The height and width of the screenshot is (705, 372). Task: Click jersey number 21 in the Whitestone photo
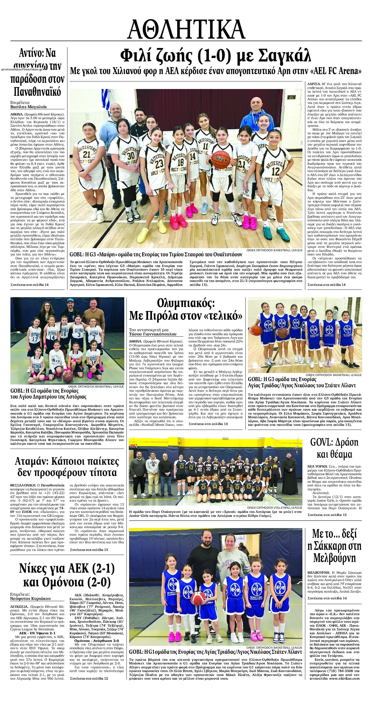[87, 154]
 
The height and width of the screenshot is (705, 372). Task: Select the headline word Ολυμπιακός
[186, 304]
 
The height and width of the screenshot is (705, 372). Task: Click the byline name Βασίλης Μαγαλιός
[28, 107]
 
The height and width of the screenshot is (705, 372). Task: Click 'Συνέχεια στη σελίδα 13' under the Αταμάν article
[89, 550]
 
